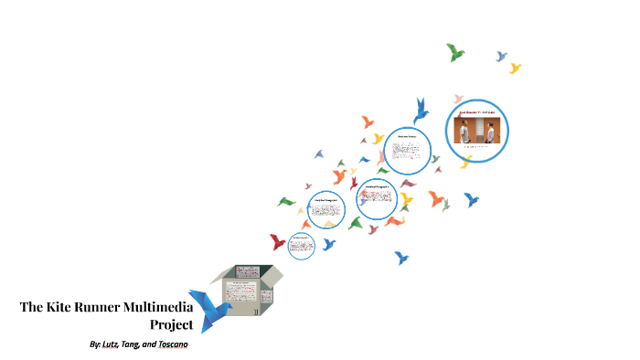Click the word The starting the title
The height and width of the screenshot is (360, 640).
[33, 307]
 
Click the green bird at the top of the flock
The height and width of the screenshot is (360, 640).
[454, 52]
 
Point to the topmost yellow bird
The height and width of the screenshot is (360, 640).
[516, 68]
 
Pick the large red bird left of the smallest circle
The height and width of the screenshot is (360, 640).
[277, 242]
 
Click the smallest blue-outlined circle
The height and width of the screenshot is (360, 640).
[301, 244]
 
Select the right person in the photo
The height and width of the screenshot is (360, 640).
[490, 132]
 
